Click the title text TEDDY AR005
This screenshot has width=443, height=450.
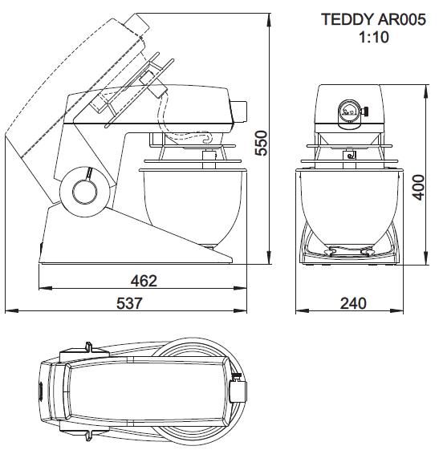pyautogui.click(x=373, y=19)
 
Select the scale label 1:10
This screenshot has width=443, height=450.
pyautogui.click(x=374, y=37)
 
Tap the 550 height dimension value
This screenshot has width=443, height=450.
pyautogui.click(x=262, y=143)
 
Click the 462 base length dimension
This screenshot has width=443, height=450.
pyautogui.click(x=144, y=281)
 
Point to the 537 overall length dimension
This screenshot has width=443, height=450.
pyautogui.click(x=129, y=303)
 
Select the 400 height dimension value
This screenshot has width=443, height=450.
pyautogui.click(x=418, y=187)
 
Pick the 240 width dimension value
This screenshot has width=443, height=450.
pyautogui.click(x=353, y=303)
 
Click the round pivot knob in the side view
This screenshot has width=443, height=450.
pyautogui.click(x=85, y=192)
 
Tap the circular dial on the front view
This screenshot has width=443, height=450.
pyautogui.click(x=349, y=111)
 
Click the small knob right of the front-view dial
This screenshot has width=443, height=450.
pyautogui.click(x=364, y=111)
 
